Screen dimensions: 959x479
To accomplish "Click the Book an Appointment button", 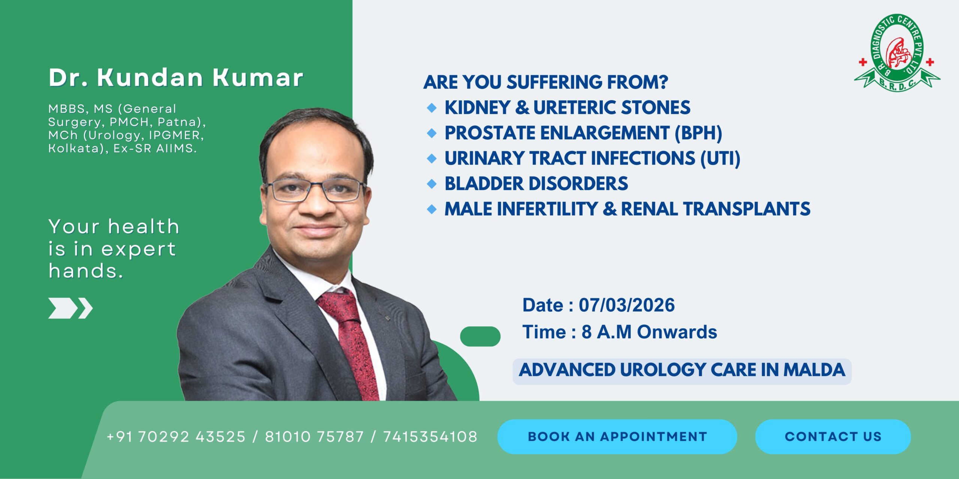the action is (617, 437).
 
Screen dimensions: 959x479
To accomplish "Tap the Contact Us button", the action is (833, 437).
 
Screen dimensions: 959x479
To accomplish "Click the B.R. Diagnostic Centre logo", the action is (897, 53).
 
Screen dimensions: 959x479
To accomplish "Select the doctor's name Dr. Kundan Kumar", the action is (176, 78).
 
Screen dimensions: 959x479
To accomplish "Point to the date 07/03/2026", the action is (627, 305).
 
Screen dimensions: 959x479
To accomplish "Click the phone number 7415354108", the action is (430, 437).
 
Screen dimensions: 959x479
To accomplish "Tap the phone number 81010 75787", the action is (314, 437).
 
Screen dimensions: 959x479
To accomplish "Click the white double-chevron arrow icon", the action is (70, 308).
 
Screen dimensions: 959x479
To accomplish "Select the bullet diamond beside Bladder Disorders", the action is (432, 184).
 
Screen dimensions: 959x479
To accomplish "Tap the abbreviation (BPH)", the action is (698, 133).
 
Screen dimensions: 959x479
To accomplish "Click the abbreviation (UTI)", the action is (720, 158).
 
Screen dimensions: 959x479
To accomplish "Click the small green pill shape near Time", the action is (480, 336).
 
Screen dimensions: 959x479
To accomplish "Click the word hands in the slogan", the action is (86, 271).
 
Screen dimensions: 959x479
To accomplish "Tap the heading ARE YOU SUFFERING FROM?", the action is (546, 82).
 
